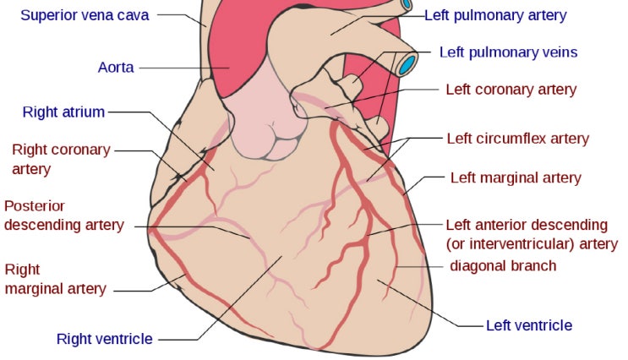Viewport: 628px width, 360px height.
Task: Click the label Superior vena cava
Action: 85,15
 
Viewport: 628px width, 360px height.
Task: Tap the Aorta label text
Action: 116,68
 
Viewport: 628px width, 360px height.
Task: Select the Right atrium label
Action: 63,112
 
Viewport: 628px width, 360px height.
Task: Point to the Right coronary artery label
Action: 61,159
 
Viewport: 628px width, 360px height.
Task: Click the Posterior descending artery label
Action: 64,215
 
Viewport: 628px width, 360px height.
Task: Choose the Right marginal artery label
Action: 55,279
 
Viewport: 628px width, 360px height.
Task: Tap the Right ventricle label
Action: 105,339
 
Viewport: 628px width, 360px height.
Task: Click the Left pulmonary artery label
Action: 495,15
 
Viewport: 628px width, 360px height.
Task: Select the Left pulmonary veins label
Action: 508,52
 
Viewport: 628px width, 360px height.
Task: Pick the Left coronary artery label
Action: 511,90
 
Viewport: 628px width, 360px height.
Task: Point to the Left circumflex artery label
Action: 518,139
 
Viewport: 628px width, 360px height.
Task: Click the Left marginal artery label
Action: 516,177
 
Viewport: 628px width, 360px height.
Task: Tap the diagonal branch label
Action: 503,266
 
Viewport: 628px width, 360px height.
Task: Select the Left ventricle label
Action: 529,325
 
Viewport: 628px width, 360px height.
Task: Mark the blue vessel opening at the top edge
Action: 407,4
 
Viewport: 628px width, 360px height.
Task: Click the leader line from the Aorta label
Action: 184,68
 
